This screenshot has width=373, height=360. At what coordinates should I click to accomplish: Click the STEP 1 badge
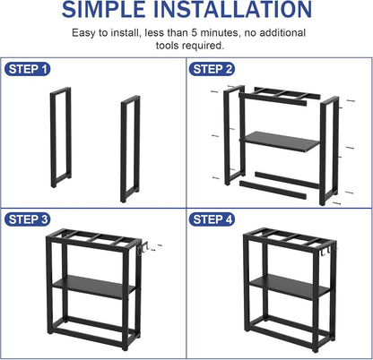coord(27,69)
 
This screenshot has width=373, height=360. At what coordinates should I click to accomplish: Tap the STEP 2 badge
coord(212,69)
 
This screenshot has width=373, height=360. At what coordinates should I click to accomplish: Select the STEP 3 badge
coord(27,219)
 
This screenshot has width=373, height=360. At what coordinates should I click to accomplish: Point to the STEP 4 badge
coord(212,219)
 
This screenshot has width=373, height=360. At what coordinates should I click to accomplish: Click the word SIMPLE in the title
coord(103,9)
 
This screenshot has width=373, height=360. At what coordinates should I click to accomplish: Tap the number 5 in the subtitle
coord(195,32)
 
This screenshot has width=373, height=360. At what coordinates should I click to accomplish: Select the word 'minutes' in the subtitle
coord(220,32)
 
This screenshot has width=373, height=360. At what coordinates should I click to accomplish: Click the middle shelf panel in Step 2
coord(281,141)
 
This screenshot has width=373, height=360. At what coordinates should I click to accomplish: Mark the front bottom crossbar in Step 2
coord(273,190)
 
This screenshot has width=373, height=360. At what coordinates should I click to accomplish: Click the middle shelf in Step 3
coord(92,287)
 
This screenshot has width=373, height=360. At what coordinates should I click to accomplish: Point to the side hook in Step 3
coord(144,249)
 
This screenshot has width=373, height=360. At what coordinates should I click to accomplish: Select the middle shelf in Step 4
coord(290,287)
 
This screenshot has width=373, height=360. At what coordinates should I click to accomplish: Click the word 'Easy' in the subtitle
coord(83,33)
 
